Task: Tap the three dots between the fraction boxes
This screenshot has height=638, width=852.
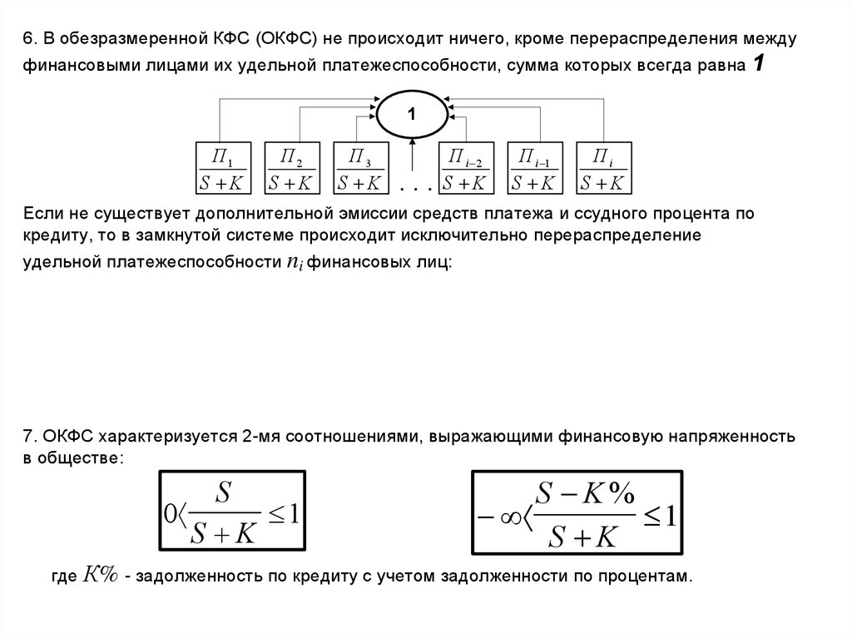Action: tap(416, 189)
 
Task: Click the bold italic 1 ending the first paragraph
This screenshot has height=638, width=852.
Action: tap(759, 64)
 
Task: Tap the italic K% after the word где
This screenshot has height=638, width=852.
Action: tap(100, 575)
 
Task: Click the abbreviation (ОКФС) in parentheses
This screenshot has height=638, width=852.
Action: tap(286, 39)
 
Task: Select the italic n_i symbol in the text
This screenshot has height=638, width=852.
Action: tap(295, 263)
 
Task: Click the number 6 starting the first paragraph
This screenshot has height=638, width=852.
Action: tap(29, 39)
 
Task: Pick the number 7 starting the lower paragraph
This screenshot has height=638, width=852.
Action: tap(29, 437)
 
